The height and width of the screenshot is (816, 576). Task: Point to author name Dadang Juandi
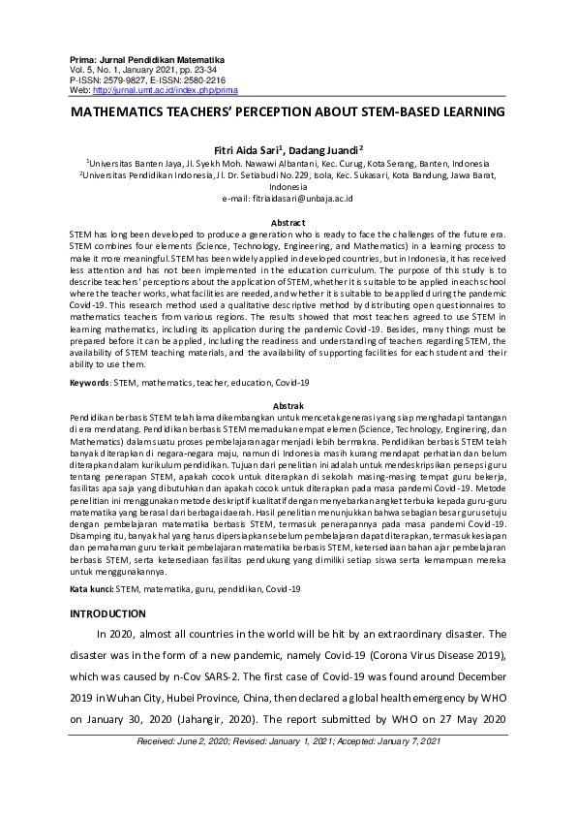coord(327,150)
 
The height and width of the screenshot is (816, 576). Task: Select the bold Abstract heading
coord(288,223)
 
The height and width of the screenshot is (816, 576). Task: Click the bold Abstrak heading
coord(288,404)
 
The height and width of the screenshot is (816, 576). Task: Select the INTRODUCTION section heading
coord(107,613)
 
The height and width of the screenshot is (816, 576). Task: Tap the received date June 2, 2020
coord(238,741)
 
